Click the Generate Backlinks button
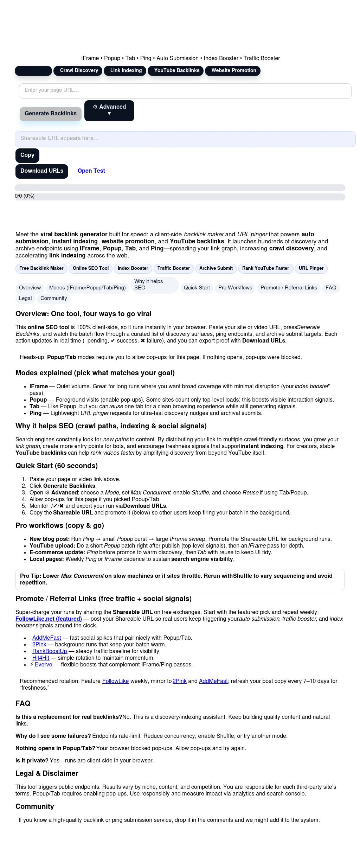point(51,114)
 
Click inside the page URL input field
point(185,91)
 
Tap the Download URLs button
point(42,171)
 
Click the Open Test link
point(91,171)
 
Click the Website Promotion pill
point(233,71)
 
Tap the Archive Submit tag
point(216,268)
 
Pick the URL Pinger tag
point(311,268)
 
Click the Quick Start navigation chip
point(197,288)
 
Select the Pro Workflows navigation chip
point(235,288)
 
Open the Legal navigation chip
point(25,299)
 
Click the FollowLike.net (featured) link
point(49,619)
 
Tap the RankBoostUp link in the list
point(50,651)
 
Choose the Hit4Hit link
point(41,658)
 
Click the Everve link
point(44,665)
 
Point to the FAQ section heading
point(23,703)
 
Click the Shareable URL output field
point(185,139)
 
